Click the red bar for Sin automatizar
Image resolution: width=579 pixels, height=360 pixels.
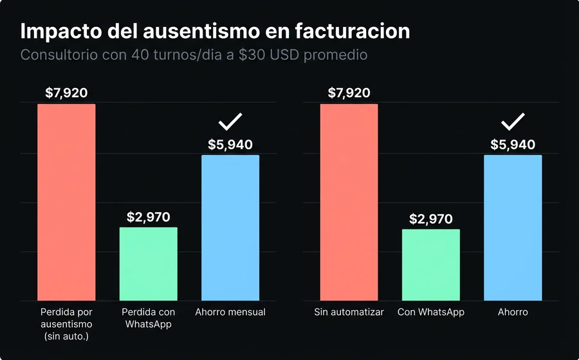click(349, 202)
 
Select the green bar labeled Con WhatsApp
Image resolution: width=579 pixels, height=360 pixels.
click(430, 264)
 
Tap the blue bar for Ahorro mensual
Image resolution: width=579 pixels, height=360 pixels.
click(230, 228)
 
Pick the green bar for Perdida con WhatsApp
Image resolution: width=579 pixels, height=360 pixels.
click(148, 264)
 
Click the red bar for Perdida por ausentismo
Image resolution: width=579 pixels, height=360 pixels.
click(66, 202)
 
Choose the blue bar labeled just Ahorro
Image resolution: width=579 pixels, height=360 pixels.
click(513, 228)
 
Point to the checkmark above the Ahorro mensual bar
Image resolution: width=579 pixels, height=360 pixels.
click(230, 122)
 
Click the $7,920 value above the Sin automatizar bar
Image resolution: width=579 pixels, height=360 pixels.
click(349, 93)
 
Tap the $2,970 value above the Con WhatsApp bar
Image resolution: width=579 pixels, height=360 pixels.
click(430, 219)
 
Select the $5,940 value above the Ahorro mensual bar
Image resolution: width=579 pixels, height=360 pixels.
click(230, 145)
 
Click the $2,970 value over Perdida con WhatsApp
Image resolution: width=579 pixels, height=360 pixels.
click(148, 217)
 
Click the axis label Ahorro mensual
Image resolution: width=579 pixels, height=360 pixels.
click(230, 312)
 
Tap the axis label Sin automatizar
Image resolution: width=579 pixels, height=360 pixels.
click(349, 312)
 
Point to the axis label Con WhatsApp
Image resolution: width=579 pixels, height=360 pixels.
click(430, 312)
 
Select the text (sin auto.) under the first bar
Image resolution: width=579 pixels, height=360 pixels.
click(66, 336)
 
